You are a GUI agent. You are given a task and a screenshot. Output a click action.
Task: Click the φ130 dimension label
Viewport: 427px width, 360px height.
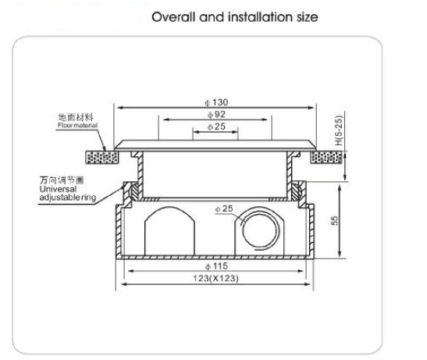point(216,102)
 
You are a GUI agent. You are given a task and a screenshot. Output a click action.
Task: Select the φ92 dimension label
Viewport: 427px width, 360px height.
point(216,115)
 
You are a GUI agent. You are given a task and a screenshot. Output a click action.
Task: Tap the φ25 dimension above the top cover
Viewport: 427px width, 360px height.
point(216,127)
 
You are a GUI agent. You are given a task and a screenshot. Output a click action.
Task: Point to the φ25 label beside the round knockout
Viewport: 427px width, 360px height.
point(224,209)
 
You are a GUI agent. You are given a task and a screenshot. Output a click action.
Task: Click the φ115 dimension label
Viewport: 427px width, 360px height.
point(216,266)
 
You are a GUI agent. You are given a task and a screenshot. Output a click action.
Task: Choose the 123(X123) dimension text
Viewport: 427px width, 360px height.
point(215,278)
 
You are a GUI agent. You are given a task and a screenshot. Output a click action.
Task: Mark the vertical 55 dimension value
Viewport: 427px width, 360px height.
point(335,220)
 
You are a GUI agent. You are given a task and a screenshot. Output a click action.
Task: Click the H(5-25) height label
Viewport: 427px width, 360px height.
point(339,131)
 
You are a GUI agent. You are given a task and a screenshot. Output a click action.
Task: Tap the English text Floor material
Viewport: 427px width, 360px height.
point(77,126)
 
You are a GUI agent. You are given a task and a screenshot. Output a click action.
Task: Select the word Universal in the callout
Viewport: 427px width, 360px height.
point(58,189)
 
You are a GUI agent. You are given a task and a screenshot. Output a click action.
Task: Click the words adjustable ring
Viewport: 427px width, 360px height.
point(68,198)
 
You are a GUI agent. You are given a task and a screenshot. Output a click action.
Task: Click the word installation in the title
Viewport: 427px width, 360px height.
point(260,17)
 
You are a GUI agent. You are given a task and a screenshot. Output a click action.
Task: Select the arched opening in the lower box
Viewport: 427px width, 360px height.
point(169,231)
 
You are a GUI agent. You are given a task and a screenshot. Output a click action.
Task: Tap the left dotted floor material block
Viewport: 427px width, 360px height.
point(102,158)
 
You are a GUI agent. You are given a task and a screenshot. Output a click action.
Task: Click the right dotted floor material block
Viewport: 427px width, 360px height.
point(327,158)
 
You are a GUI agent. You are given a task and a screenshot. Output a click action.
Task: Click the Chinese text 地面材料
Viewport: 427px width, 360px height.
point(76,117)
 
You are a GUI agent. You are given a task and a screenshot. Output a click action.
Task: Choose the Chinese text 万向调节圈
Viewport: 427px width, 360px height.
point(62,180)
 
